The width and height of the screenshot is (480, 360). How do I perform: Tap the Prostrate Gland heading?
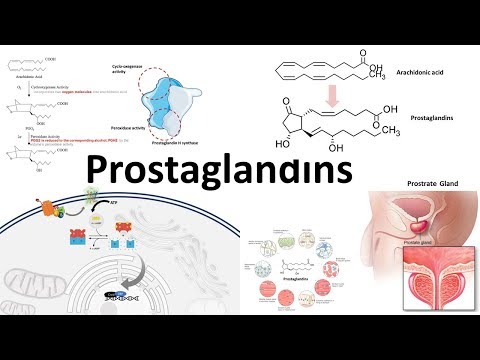point(415,183)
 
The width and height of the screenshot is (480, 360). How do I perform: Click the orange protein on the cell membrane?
point(48,211)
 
